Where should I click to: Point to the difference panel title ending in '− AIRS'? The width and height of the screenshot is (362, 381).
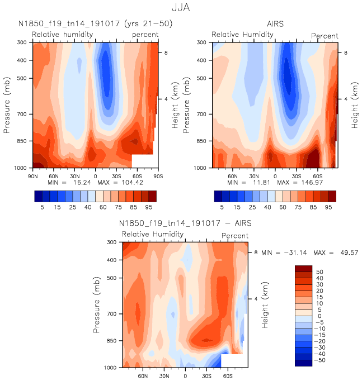(185, 224)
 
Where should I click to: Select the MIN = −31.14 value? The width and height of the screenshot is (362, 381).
(285, 253)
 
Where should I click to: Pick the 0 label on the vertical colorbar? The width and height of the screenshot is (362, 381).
(320, 316)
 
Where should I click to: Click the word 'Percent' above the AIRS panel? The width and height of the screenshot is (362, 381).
(325, 36)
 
